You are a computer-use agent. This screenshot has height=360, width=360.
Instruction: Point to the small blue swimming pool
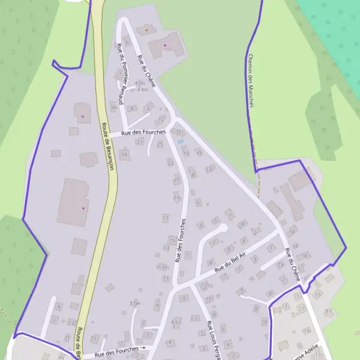[180, 141]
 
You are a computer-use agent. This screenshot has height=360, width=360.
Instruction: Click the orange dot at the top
[145, 29]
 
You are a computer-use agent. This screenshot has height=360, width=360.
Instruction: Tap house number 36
[113, 107]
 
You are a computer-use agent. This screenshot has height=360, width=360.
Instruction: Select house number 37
[178, 131]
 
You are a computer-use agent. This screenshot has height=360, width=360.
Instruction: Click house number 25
[160, 144]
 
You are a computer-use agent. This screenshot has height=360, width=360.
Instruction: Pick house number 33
[209, 169]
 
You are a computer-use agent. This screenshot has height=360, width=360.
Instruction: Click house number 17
[165, 218]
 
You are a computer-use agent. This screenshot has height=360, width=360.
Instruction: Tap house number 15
[173, 240]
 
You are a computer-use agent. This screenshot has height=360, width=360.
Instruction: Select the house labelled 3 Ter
[135, 304]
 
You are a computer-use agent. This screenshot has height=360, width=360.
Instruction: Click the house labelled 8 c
[328, 311]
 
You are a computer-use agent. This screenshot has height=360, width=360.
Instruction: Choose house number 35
[199, 152]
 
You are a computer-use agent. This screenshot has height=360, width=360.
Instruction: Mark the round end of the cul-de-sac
[223, 228]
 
